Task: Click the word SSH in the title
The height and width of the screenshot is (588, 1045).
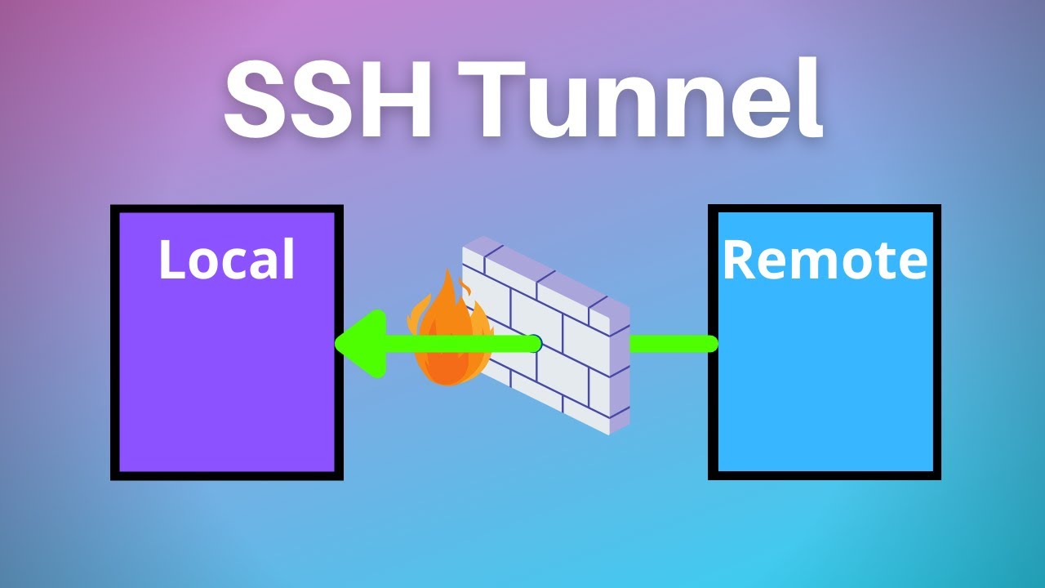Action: tap(327, 103)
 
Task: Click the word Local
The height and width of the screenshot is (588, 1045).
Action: tap(226, 260)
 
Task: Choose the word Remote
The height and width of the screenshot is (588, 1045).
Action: tap(825, 260)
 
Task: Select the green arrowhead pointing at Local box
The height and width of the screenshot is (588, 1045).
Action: tap(359, 344)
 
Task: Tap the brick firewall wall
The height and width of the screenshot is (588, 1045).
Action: tap(555, 343)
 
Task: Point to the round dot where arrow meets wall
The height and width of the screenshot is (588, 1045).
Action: tap(535, 344)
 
